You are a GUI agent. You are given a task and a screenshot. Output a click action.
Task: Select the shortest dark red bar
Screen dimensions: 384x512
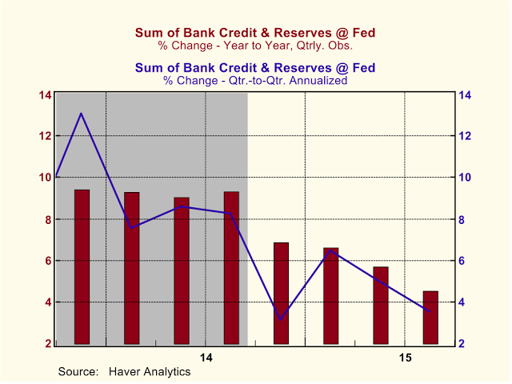[430, 317]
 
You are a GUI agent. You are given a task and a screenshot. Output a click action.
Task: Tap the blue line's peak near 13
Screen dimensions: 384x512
[81, 114]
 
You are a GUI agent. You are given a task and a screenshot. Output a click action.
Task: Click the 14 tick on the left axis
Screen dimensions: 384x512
[46, 94]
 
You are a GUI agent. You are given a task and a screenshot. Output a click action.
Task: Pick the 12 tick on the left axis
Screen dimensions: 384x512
[46, 136]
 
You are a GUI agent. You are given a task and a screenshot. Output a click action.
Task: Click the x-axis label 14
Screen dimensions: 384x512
[206, 357]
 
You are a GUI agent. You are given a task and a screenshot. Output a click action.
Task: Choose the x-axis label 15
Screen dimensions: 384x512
[405, 357]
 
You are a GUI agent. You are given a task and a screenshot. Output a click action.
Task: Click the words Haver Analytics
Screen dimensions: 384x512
[150, 371]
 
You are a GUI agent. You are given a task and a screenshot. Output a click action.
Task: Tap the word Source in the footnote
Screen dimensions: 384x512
[77, 371]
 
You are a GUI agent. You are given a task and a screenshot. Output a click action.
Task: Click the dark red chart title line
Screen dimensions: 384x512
[255, 33]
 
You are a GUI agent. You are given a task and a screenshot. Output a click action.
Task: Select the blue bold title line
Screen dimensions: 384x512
[255, 68]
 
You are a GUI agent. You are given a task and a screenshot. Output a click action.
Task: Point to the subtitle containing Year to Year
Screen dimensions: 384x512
[255, 45]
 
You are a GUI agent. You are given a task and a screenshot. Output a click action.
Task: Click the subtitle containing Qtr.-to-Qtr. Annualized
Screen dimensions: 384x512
[255, 80]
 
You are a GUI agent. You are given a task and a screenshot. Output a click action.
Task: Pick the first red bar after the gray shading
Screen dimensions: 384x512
[281, 293]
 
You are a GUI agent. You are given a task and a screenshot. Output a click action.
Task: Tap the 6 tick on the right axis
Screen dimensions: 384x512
[465, 261]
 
